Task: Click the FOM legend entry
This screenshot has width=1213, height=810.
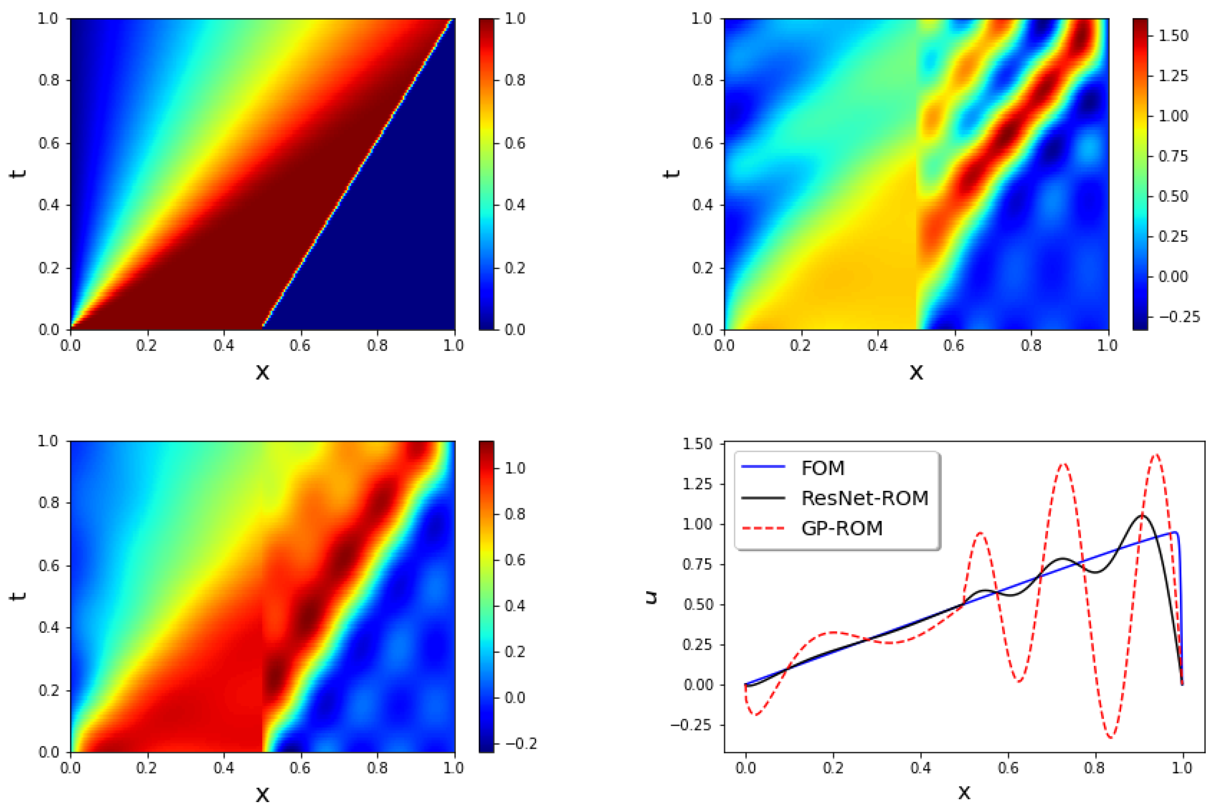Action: coord(822,468)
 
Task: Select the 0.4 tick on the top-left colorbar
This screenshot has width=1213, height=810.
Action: coord(514,205)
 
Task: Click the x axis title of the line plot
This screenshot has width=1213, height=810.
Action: coord(964,792)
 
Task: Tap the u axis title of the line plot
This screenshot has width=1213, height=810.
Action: coord(652,597)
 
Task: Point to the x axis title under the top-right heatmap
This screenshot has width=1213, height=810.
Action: coord(916,371)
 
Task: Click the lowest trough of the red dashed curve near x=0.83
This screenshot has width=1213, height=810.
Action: coord(1111,737)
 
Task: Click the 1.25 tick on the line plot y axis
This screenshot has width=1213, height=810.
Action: coord(698,484)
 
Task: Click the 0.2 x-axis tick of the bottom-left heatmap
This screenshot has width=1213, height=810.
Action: coord(147,768)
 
